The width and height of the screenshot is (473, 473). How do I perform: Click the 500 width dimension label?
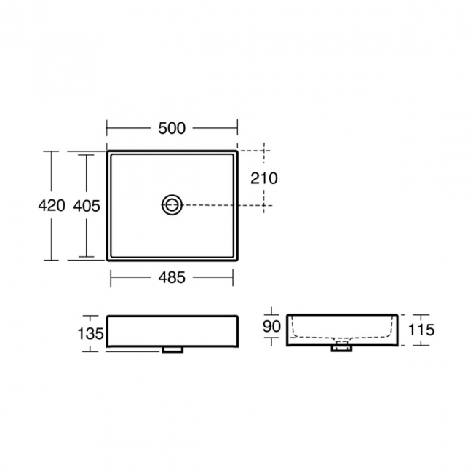[x=172, y=129]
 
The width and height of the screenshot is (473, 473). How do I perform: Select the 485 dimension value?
[x=171, y=277]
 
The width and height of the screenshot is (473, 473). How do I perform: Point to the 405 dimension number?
[x=87, y=205]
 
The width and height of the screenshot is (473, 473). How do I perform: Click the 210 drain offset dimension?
[x=264, y=178]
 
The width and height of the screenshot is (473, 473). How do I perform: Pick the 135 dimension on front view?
[x=90, y=333]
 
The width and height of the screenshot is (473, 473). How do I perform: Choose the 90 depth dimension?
[x=271, y=327]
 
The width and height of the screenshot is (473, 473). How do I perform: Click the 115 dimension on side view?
[x=421, y=330]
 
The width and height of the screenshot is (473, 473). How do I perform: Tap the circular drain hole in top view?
[x=172, y=205]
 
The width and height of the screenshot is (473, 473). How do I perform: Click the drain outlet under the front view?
[x=172, y=350]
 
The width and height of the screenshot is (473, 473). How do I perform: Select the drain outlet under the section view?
[x=341, y=349]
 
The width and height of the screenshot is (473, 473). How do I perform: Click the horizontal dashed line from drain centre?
[x=226, y=205]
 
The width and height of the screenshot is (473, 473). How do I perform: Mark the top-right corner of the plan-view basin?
[x=237, y=151]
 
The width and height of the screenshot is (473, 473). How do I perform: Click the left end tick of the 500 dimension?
[x=108, y=129]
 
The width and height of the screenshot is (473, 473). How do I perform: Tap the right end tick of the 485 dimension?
[x=233, y=277]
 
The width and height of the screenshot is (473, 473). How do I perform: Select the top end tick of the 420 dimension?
[x=51, y=151]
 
